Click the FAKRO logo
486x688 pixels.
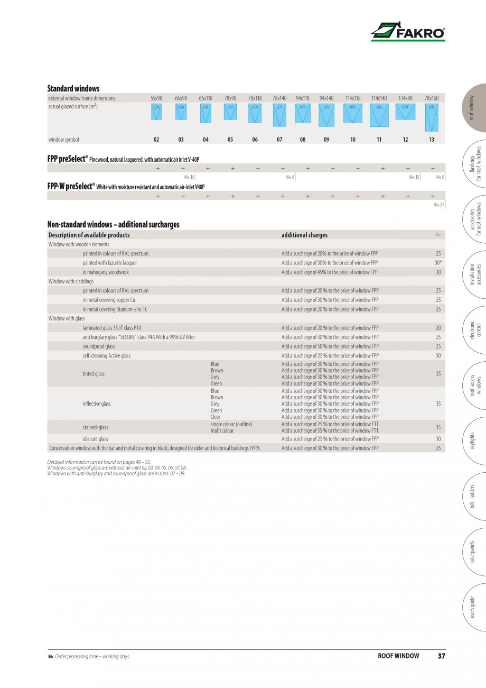tap(407, 32)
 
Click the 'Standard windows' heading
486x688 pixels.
tap(73, 88)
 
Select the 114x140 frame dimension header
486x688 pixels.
tap(379, 98)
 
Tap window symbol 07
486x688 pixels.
tap(279, 140)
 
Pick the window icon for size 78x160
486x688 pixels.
tap(432, 117)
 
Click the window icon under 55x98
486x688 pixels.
tap(156, 112)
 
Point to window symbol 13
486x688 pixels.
tap(432, 140)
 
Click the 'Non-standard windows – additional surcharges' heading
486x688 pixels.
tap(113, 224)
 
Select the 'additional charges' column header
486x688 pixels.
tap(304, 235)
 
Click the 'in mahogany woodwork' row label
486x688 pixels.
tap(106, 272)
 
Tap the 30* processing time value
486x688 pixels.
tap(438, 263)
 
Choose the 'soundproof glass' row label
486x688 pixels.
tap(98, 346)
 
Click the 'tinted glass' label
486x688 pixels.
tap(94, 374)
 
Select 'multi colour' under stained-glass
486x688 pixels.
tap(222, 431)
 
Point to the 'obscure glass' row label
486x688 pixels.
tap(95, 439)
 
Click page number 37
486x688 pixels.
tap(441, 656)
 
